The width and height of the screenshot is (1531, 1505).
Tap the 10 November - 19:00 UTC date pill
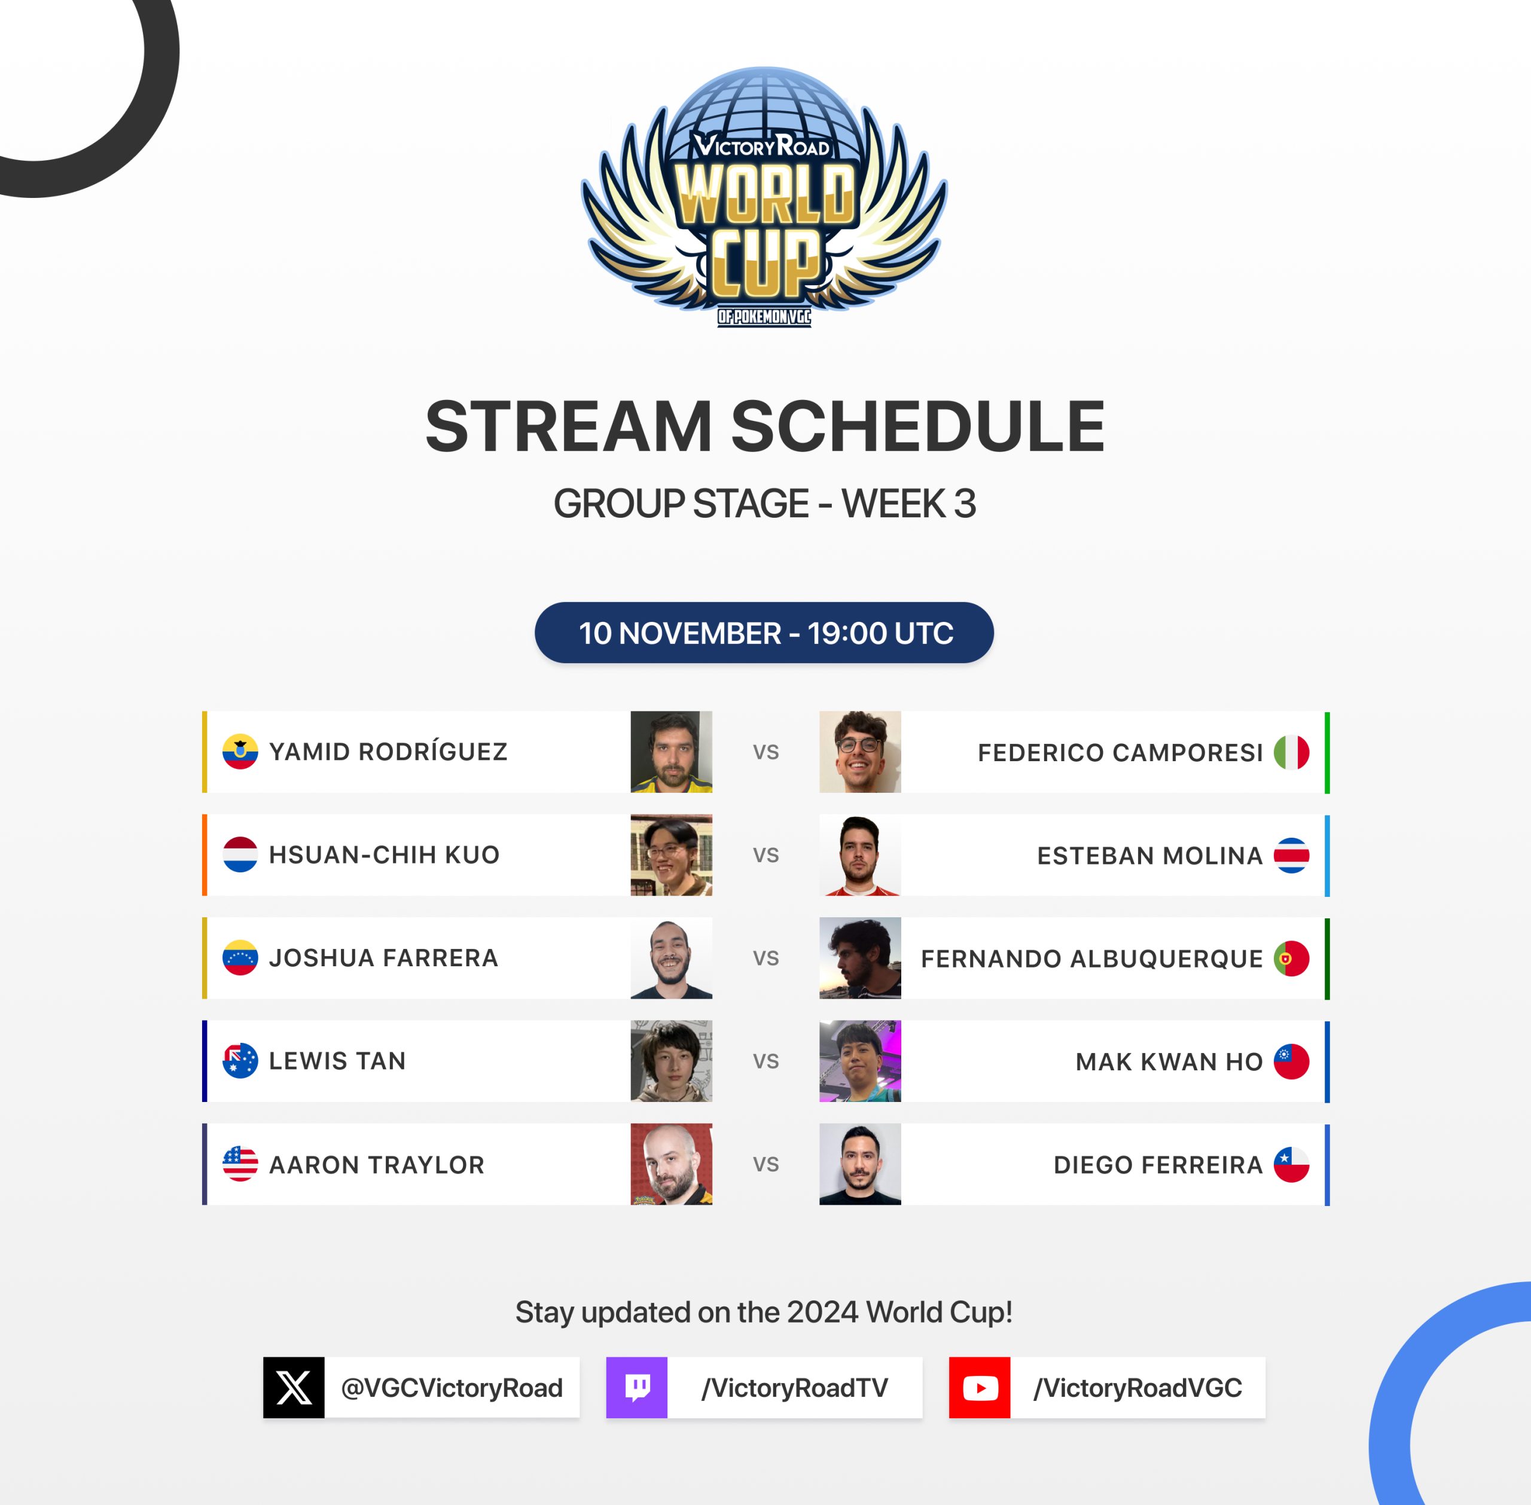pyautogui.click(x=764, y=633)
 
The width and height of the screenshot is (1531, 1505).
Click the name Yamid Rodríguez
pyautogui.click(x=388, y=751)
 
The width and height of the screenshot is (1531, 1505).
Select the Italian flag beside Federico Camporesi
pyautogui.click(x=1292, y=752)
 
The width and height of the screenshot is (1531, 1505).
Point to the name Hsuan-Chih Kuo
pyautogui.click(x=384, y=854)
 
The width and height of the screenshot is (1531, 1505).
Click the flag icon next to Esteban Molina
pyautogui.click(x=1292, y=855)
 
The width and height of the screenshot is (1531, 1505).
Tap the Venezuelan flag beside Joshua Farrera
pyautogui.click(x=240, y=957)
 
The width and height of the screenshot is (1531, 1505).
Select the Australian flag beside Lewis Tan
pyautogui.click(x=240, y=1061)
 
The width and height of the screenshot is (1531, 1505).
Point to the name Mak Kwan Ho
pyautogui.click(x=1169, y=1061)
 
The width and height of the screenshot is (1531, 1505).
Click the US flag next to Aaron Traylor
pyautogui.click(x=240, y=1164)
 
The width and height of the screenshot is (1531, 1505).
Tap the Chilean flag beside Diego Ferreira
pyautogui.click(x=1292, y=1164)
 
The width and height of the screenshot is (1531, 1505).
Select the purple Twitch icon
pyautogui.click(x=637, y=1387)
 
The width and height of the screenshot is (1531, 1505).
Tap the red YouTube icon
pyautogui.click(x=980, y=1387)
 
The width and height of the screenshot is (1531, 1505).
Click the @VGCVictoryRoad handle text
pyautogui.click(x=452, y=1388)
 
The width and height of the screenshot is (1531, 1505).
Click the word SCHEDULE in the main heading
pyautogui.click(x=917, y=426)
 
